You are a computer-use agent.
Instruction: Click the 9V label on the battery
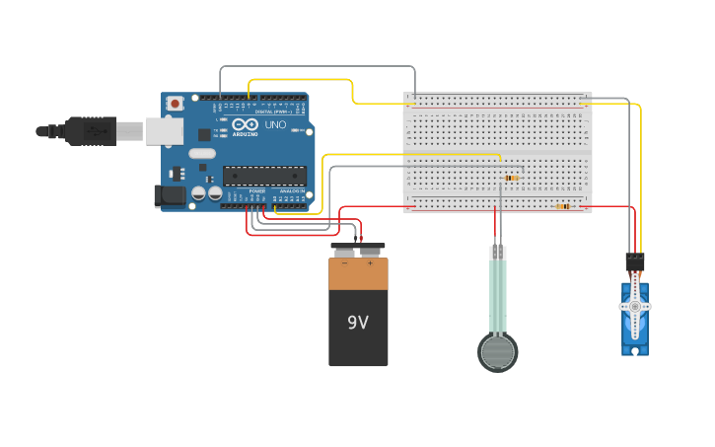click(x=358, y=323)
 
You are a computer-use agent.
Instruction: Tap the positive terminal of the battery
click(x=370, y=252)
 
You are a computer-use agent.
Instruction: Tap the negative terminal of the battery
click(x=344, y=252)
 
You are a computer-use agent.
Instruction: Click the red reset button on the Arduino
click(x=175, y=103)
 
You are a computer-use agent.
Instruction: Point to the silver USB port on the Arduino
click(x=164, y=130)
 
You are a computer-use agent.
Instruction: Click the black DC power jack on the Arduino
click(x=170, y=195)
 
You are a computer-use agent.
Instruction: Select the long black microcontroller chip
click(x=263, y=176)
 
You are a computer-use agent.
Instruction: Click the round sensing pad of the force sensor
click(x=498, y=352)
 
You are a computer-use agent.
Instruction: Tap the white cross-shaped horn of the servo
click(x=635, y=307)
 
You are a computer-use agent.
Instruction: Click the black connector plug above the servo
click(x=634, y=261)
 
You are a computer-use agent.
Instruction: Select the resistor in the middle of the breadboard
click(x=511, y=178)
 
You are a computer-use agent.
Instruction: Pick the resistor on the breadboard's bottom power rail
click(x=563, y=206)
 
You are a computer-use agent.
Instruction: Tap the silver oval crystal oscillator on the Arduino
click(x=202, y=153)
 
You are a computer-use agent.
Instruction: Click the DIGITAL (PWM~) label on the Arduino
click(x=270, y=112)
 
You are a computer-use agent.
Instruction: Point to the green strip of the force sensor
click(x=498, y=296)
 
